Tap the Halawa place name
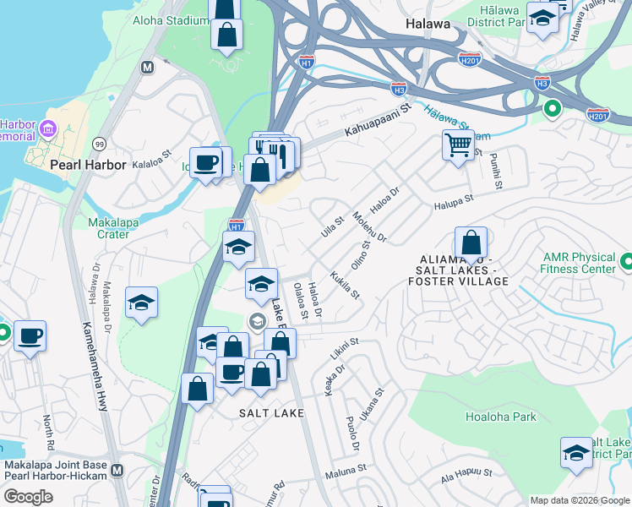click(x=428, y=24)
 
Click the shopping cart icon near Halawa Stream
click(x=458, y=144)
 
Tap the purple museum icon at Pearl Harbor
click(x=47, y=129)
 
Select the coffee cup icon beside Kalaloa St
click(x=204, y=161)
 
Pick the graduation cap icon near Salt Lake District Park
click(x=576, y=452)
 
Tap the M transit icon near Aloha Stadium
click(x=148, y=67)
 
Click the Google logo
click(x=28, y=497)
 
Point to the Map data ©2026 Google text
click(x=580, y=500)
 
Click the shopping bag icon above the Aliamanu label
click(x=471, y=243)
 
